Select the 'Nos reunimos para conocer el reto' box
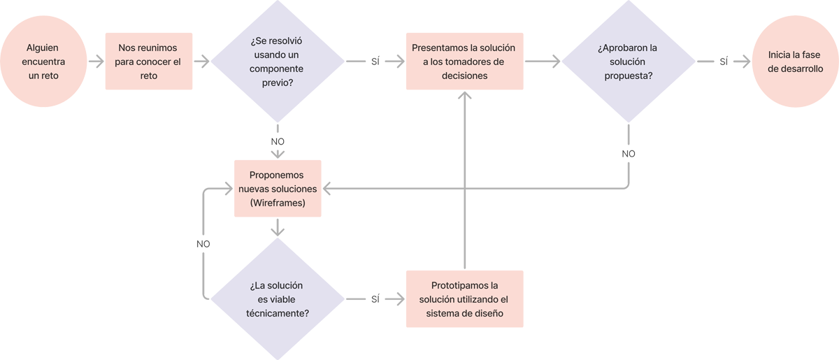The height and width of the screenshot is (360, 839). point(148,61)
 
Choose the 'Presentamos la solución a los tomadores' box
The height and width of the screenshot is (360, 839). point(464,62)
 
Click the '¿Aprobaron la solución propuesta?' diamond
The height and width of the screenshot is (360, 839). point(629,62)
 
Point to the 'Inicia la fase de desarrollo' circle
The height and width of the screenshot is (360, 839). point(795,61)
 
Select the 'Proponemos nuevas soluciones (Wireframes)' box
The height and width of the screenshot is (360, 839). point(278,189)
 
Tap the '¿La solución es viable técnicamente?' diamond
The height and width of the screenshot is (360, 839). point(278,299)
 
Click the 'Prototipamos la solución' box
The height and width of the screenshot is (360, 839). point(464,299)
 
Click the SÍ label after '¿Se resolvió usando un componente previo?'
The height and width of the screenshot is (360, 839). point(375,62)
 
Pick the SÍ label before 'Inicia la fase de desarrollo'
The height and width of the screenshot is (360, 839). point(723,62)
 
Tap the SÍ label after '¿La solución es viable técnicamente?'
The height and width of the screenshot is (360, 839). point(375,299)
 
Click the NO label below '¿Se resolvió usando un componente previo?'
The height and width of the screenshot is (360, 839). point(278,142)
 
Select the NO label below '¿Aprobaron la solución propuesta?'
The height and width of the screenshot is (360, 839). point(629,154)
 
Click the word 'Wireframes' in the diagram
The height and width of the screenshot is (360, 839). point(278,203)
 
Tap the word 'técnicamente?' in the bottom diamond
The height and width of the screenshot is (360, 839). point(278,313)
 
